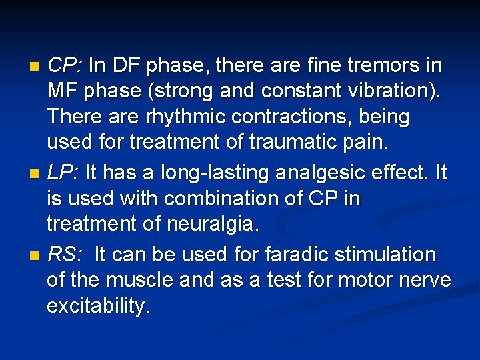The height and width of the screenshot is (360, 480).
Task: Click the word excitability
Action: (99, 307)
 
